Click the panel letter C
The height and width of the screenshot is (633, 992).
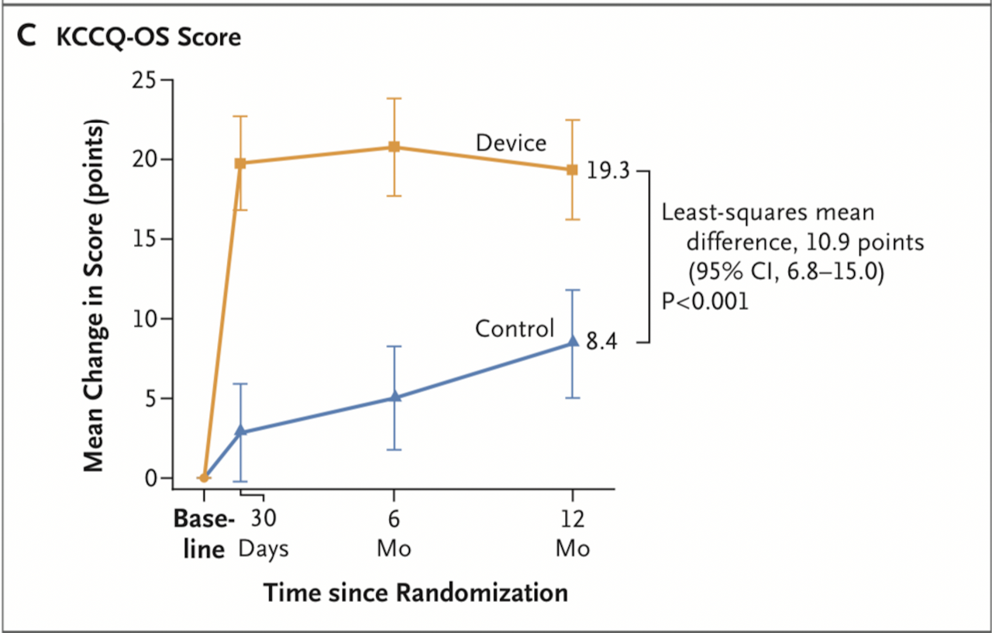[26, 37]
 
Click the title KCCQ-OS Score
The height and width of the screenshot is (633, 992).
[149, 38]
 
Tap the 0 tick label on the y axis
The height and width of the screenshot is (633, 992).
[150, 478]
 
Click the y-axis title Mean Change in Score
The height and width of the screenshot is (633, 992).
[94, 295]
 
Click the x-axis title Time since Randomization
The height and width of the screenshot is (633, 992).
[415, 593]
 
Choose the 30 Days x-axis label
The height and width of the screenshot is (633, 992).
[263, 533]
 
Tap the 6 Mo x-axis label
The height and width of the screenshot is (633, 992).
[394, 533]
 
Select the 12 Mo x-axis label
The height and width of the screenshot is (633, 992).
[572, 533]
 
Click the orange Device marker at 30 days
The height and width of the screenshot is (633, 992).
[240, 163]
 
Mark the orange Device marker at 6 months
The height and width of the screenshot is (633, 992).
[394, 147]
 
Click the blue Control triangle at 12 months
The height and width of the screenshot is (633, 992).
[573, 342]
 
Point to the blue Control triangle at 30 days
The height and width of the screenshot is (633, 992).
[240, 431]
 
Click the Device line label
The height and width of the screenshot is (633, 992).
[511, 143]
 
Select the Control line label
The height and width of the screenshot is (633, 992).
[515, 329]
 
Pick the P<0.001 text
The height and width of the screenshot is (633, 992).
[705, 301]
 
